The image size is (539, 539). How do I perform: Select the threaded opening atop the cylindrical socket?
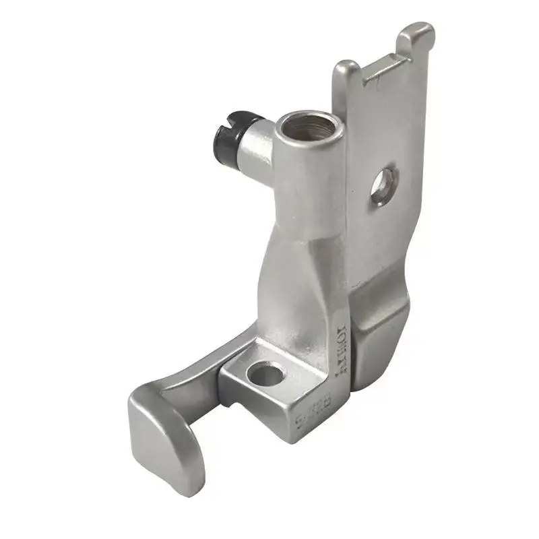pos(300,126)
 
